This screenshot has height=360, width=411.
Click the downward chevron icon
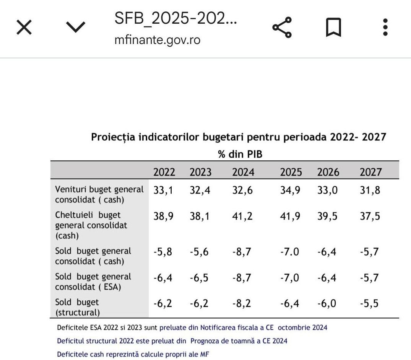[x=76, y=27]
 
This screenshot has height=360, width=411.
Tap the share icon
[x=282, y=28]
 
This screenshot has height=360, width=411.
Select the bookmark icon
[x=333, y=28]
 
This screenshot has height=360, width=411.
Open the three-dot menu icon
[x=385, y=28]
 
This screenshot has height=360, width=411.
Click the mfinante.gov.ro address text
[x=157, y=39]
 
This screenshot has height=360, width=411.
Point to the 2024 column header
[x=243, y=172]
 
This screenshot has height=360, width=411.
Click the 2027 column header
[x=370, y=172]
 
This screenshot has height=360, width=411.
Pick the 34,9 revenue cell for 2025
[x=290, y=190]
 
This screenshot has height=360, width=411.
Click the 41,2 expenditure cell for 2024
[x=242, y=216]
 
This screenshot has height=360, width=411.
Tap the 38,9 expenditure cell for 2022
[x=163, y=216]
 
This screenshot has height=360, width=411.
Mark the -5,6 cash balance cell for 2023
[x=199, y=252]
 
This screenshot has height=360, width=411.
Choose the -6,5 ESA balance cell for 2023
[x=199, y=278]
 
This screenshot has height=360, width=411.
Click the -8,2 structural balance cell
[x=242, y=304]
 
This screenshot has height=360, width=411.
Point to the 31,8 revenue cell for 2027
[x=370, y=190]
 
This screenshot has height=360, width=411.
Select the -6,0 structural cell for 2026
[x=327, y=304]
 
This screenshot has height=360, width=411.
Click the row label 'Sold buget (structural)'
[x=77, y=307]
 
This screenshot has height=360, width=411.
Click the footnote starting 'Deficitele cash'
[x=133, y=354]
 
